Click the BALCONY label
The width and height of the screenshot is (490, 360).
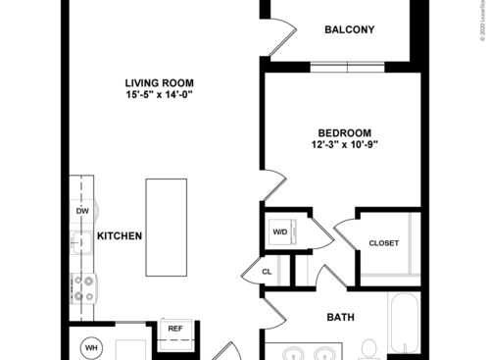click(350, 29)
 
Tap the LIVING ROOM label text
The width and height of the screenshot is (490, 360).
click(159, 82)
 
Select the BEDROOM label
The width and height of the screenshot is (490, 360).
click(344, 133)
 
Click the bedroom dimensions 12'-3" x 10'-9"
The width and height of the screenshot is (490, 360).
click(344, 145)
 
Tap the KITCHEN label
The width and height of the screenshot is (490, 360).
click(121, 236)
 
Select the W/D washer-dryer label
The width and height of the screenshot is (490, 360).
click(280, 232)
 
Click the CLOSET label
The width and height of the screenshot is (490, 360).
click(383, 243)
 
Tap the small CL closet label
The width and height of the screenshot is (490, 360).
click(267, 272)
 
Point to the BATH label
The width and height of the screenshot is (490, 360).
click(341, 317)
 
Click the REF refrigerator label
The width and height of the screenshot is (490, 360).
click(175, 329)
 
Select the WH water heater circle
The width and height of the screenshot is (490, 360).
click(91, 346)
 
